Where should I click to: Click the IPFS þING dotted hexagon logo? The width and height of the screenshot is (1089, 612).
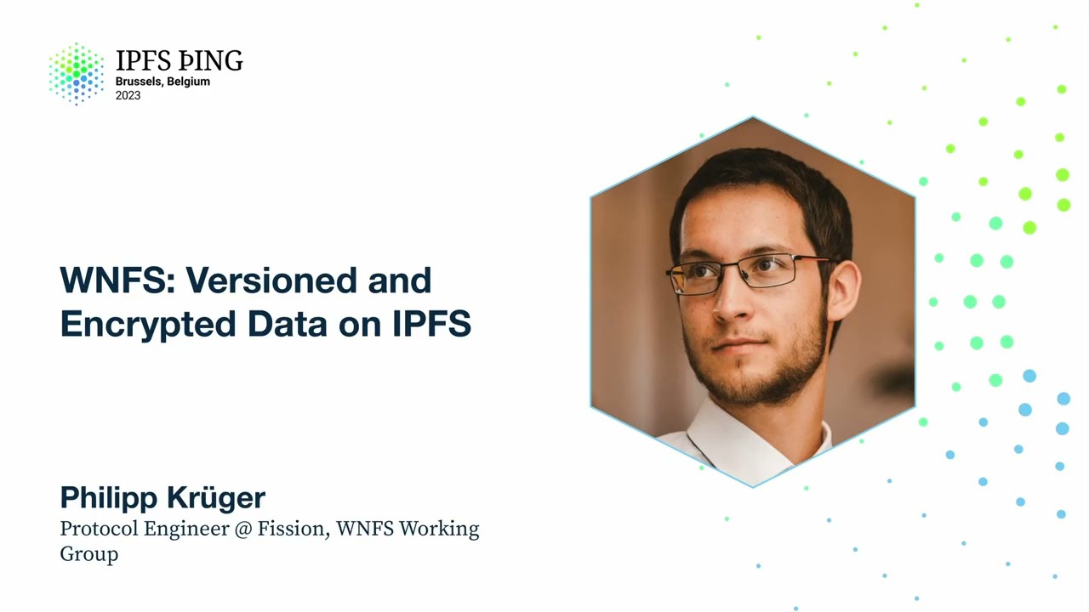point(76,73)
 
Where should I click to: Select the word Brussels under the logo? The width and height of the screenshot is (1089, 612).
point(139,82)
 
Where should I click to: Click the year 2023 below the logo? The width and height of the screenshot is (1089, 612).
point(128,96)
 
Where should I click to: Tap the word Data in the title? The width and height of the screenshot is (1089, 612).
point(288,325)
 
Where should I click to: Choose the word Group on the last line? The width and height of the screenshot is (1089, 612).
point(88,554)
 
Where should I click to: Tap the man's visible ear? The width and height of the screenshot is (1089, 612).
point(842,289)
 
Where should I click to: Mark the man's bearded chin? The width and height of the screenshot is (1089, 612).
point(749,387)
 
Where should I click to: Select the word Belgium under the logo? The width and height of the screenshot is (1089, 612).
point(188,82)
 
